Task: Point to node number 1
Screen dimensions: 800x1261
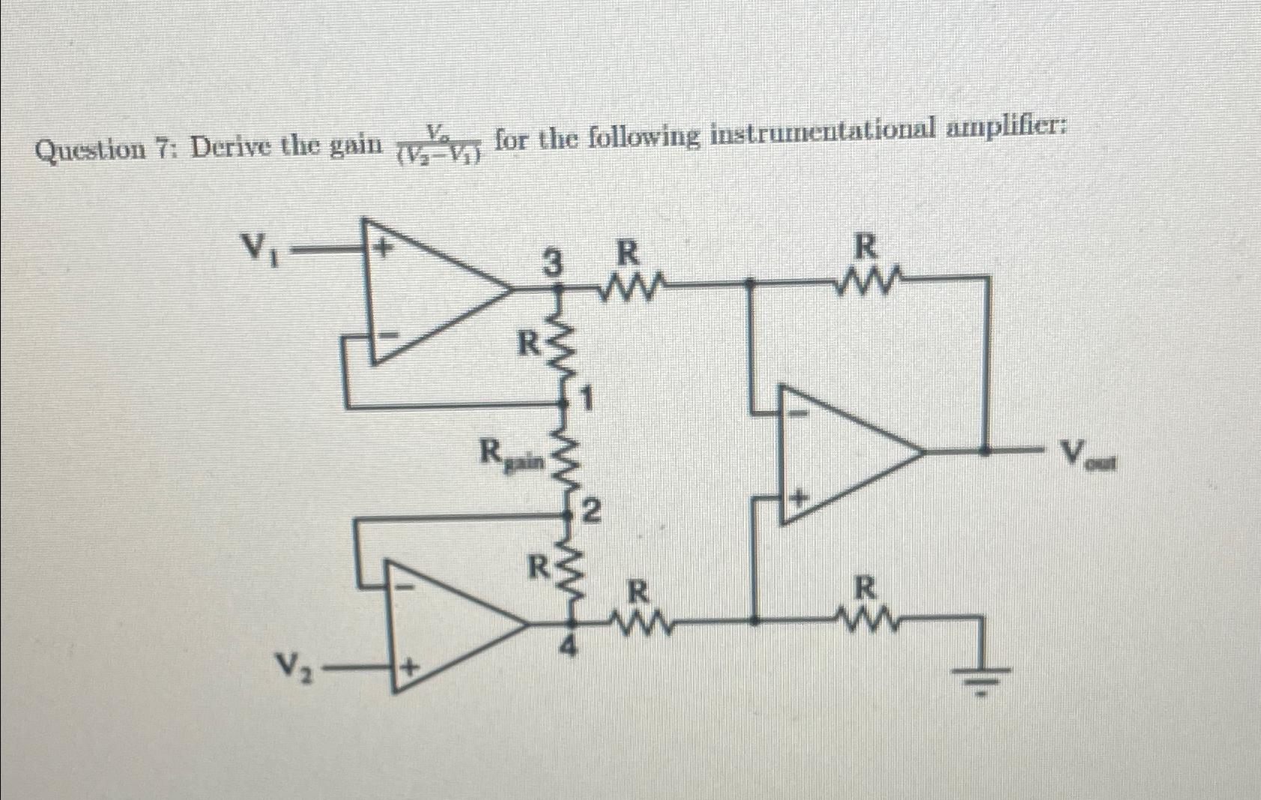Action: [588, 400]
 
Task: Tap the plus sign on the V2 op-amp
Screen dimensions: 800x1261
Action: [409, 666]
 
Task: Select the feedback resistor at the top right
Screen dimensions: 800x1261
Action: [868, 283]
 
